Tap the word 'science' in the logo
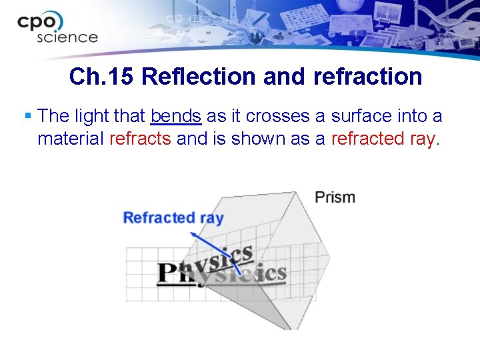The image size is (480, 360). pos(67,37)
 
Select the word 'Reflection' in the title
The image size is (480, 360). pos(199,77)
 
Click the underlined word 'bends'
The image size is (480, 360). pos(176,116)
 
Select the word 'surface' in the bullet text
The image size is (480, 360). pos(363,116)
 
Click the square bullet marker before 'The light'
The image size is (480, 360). pos(27,116)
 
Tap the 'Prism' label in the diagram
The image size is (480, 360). pos(334,197)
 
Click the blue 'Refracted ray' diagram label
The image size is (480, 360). pos(173,217)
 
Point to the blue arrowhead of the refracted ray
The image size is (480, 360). pos(192,234)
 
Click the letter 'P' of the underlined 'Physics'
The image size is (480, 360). pos(167,274)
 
